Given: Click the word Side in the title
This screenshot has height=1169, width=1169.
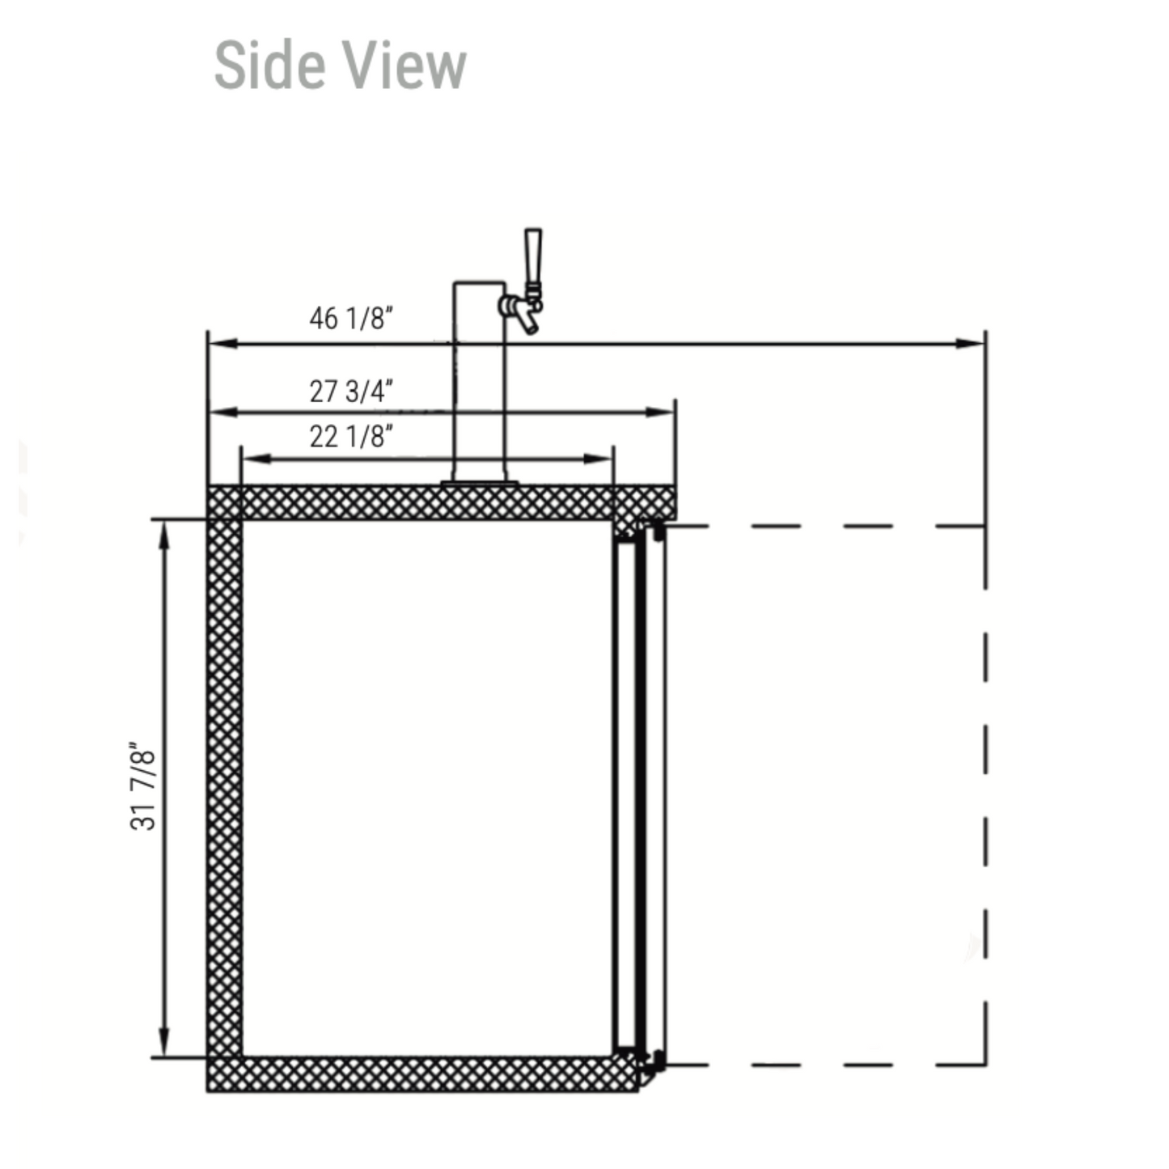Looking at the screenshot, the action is pos(268,66).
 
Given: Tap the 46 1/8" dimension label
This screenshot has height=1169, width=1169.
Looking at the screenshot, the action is pos(351,319).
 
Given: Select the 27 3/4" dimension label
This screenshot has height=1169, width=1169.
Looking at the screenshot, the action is pos(351,392).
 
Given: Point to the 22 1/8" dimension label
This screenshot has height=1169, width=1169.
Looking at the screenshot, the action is pos(351,437).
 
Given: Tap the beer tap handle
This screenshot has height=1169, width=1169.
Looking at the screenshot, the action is pos(533,259).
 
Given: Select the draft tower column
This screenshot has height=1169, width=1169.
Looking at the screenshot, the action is pos(479,381).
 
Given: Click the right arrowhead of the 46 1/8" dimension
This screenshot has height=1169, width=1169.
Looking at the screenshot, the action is pos(969,344).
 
